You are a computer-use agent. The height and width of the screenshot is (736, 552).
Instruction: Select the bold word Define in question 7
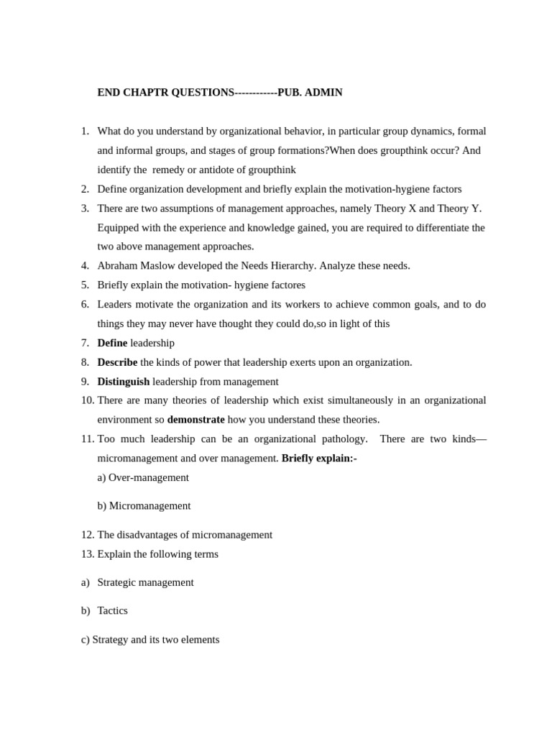[112, 343]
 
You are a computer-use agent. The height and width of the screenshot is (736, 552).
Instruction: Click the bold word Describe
[117, 362]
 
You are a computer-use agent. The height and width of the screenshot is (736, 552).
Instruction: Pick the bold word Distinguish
[124, 382]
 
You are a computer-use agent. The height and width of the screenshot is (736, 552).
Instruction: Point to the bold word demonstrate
[195, 420]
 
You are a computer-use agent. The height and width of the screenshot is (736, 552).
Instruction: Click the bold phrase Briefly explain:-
[319, 459]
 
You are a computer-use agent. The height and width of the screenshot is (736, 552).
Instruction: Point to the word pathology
[342, 439]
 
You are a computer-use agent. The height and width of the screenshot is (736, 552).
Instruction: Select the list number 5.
[85, 285]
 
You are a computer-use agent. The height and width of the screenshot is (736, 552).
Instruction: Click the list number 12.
[87, 535]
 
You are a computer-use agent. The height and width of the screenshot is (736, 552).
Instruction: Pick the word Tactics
[112, 611]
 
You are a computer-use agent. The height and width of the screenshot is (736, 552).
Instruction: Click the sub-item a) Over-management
[143, 477]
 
